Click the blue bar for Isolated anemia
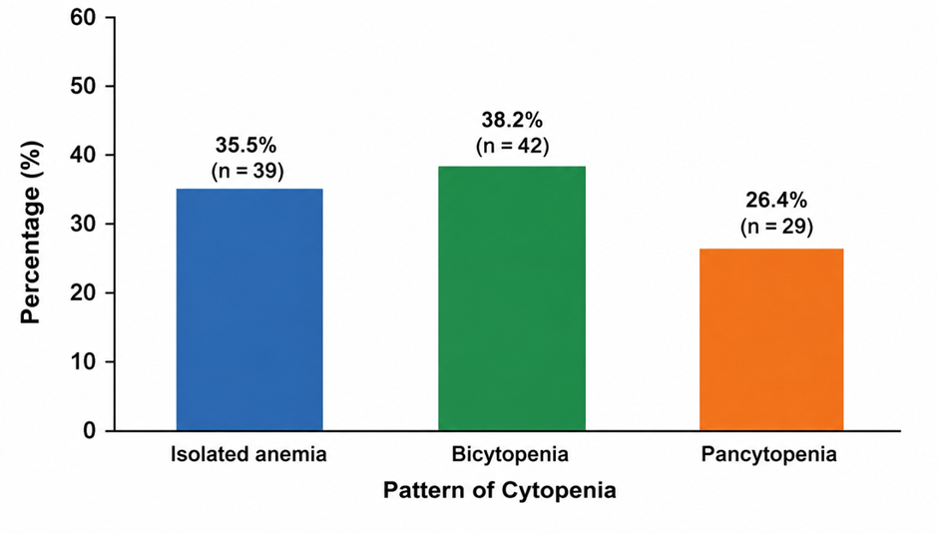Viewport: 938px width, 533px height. (249, 309)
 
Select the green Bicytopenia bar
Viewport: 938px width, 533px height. (512, 298)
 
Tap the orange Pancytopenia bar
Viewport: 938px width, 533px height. (771, 339)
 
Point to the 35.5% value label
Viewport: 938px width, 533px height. (245, 146)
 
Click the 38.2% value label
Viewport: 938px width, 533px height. (512, 120)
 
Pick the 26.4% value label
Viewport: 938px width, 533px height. (776, 201)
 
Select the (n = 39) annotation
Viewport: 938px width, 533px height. (247, 171)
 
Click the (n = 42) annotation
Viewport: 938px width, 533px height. (513, 146)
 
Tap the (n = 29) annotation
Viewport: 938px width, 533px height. (777, 227)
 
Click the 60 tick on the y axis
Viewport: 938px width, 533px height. (83, 17)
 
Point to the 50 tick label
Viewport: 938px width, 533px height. (83, 86)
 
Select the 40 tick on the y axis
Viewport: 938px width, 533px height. (83, 155)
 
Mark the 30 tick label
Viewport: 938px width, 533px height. (83, 224)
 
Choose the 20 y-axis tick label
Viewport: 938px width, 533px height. (83, 292)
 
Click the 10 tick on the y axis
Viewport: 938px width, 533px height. (83, 362)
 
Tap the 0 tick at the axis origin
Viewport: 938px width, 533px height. (90, 431)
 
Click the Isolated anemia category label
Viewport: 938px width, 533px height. (248, 454)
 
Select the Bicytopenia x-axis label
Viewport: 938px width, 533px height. (510, 454)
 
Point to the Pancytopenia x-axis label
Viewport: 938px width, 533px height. (769, 454)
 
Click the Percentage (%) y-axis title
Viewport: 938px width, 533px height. (31, 233)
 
